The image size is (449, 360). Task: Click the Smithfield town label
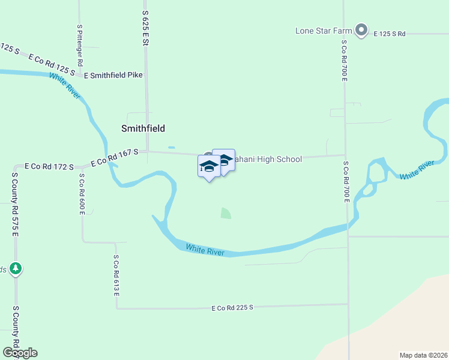tap(143, 128)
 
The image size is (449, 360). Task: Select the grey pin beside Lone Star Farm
tap(361, 29)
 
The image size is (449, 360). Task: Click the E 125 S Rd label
tap(390, 34)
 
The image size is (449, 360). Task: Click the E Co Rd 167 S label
tap(115, 158)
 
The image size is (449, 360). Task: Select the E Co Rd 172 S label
tap(49, 166)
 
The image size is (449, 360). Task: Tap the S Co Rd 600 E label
tap(82, 194)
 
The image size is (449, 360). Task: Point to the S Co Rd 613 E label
tap(116, 275)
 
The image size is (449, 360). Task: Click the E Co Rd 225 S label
tap(232, 307)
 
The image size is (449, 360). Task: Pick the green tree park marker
tap(16, 268)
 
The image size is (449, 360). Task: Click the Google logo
tap(20, 353)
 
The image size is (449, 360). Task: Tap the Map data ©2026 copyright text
tap(423, 355)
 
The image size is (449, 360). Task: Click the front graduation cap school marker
tap(209, 166)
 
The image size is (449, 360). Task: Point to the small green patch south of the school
tap(225, 213)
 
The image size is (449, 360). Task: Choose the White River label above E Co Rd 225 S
tap(205, 250)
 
